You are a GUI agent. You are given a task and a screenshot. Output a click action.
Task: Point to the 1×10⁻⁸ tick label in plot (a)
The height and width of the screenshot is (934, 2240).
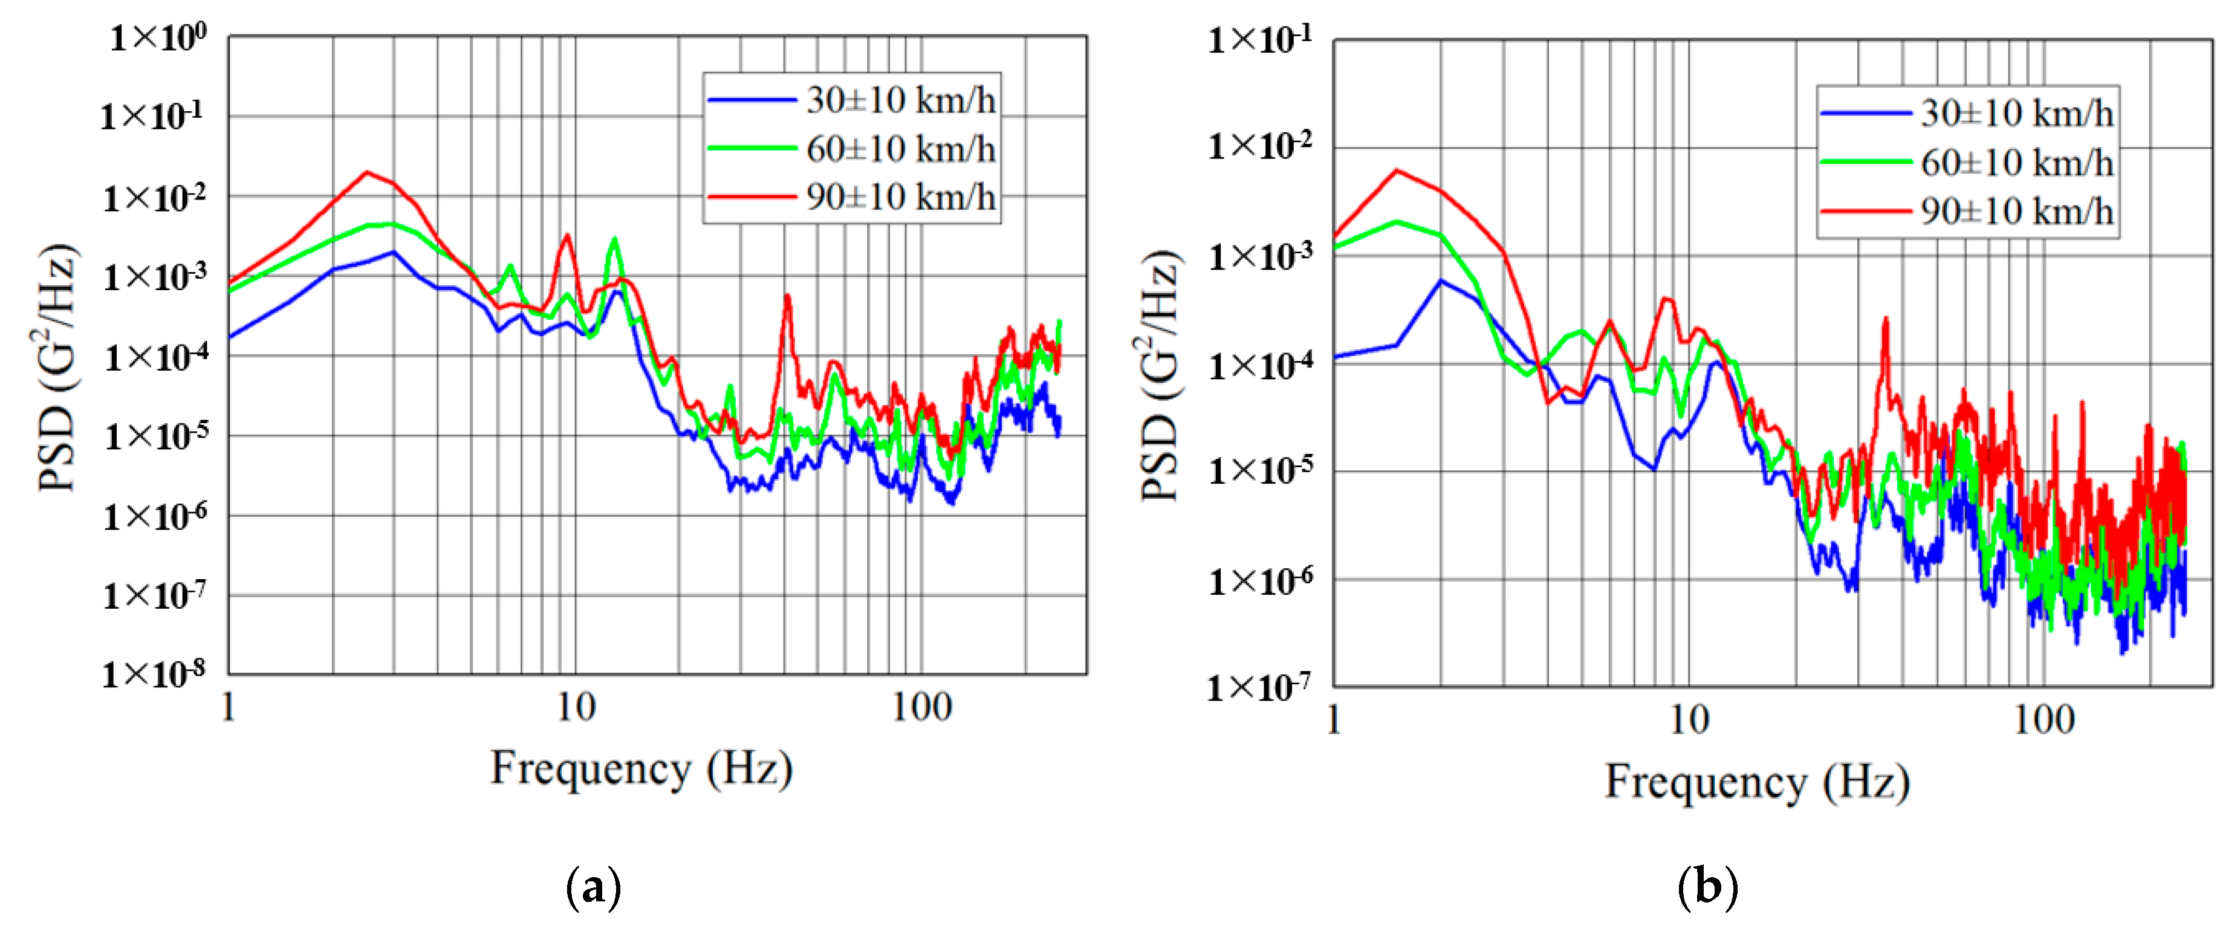coord(154,674)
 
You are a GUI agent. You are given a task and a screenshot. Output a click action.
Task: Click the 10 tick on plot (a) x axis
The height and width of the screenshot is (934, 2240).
coord(576,708)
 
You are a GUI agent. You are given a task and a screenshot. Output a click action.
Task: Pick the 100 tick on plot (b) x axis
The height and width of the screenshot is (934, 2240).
coord(2044,720)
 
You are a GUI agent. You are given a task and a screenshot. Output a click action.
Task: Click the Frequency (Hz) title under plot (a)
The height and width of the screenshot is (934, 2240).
coord(641,769)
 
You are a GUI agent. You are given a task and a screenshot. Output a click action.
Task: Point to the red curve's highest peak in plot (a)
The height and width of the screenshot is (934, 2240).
coord(367,172)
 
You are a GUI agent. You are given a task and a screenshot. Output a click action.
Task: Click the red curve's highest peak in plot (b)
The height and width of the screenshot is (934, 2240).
coord(1397,170)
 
